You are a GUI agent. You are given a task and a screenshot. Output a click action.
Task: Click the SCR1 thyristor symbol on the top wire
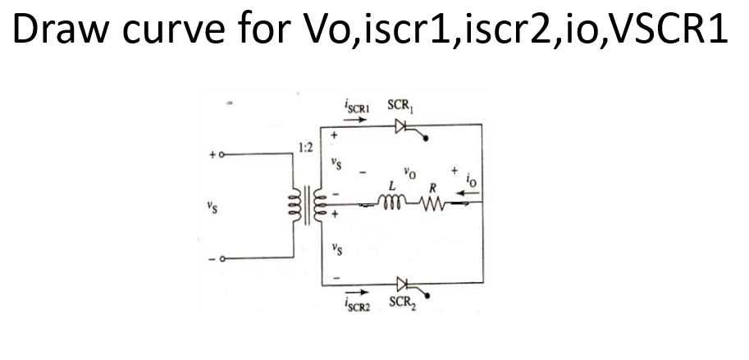click(401, 126)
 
